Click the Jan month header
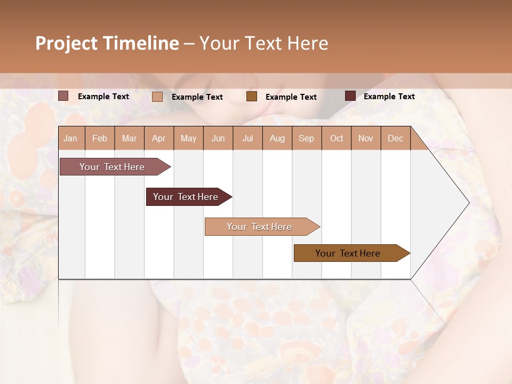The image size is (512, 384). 70,138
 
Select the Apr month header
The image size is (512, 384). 159,138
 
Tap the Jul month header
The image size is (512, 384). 248,138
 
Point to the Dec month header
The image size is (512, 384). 396,138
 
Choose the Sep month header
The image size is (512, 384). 307,138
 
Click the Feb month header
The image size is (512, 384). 100,138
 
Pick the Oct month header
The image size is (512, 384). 337,138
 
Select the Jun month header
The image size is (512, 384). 218,138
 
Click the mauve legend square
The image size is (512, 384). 63,96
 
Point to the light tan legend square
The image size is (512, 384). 157,97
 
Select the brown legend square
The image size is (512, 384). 252,97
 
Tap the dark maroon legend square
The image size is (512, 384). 350,96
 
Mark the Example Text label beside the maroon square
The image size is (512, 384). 389,96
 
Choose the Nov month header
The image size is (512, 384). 366,138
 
